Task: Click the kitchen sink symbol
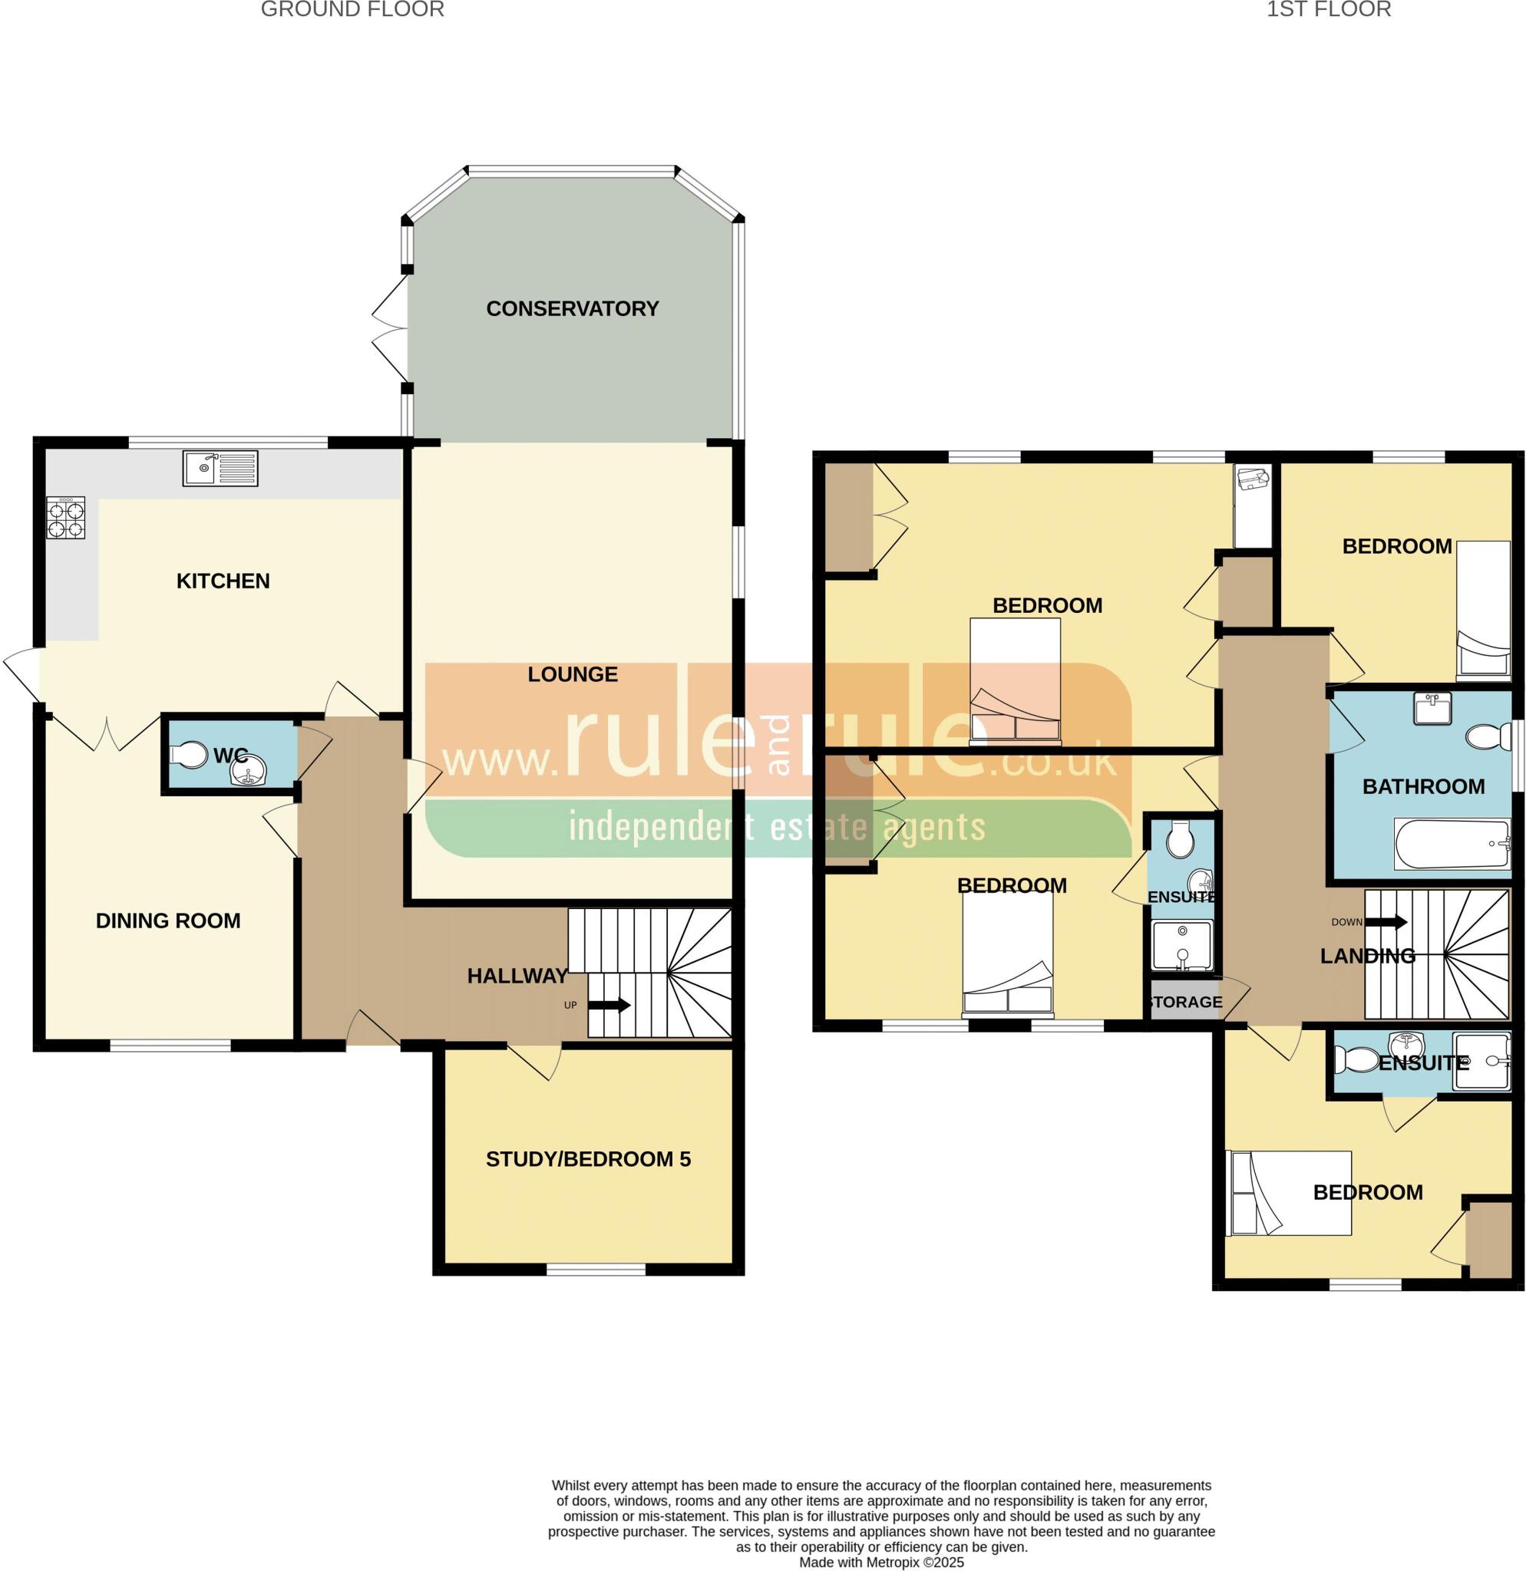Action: coord(220,469)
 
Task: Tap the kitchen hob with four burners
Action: coord(66,518)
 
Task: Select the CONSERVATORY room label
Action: coord(572,308)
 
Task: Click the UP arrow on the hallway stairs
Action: coord(610,1005)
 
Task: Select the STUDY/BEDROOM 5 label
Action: coord(588,1159)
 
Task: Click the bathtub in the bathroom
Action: coord(1452,843)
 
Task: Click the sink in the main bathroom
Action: coord(1432,709)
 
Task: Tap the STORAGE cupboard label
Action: coord(1185,1002)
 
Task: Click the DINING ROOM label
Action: coord(167,921)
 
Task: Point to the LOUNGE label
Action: coord(573,675)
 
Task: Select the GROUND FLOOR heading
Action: coord(352,10)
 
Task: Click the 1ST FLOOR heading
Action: coord(1328,10)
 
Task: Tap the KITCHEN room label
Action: coord(223,581)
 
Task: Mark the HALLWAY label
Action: coord(517,976)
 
